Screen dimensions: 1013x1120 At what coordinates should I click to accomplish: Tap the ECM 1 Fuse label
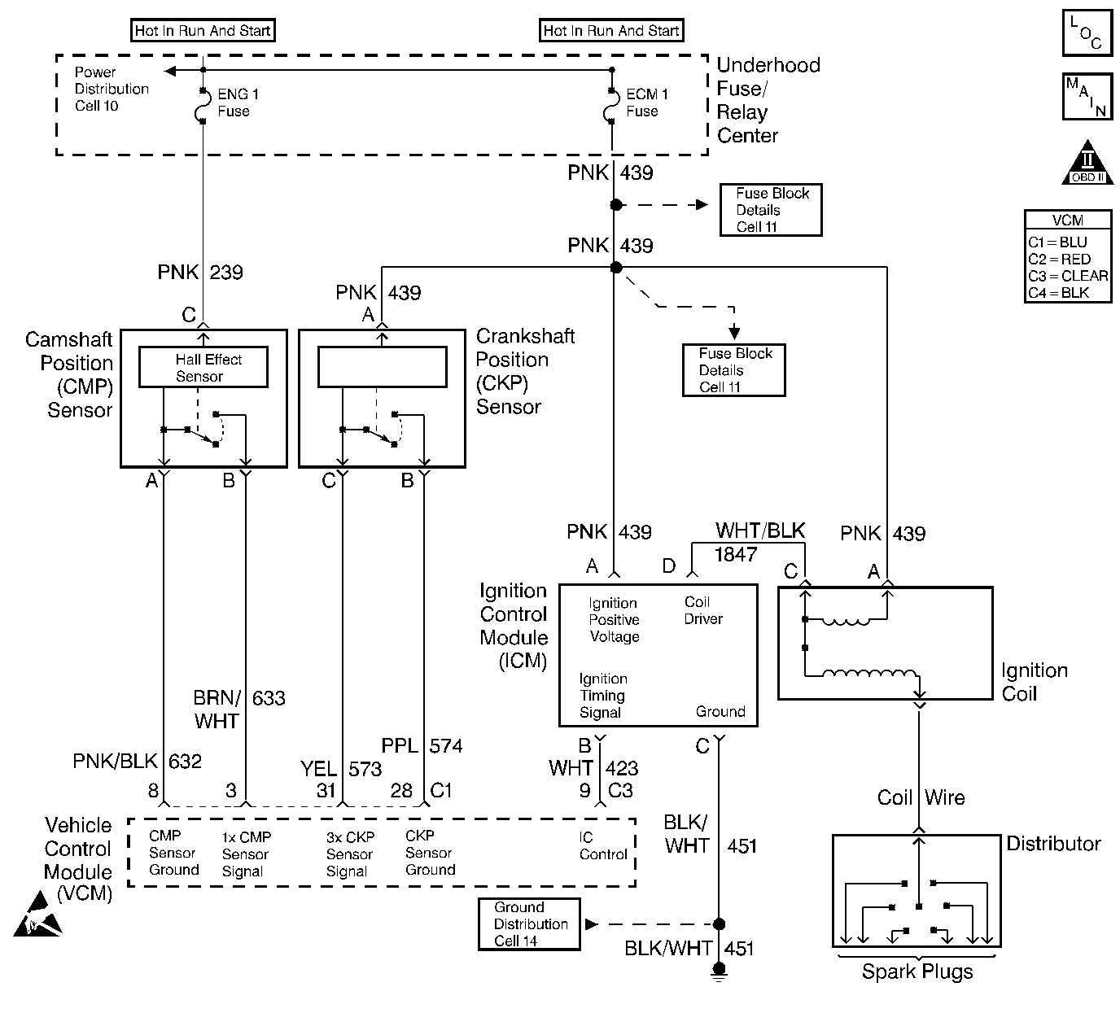pyautogui.click(x=646, y=103)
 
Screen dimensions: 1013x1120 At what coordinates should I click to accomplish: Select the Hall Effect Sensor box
pyautogui.click(x=203, y=368)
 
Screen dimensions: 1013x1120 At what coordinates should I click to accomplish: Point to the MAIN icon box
pyautogui.click(x=1087, y=96)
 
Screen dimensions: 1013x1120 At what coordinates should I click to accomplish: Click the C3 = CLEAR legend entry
pyautogui.click(x=1067, y=276)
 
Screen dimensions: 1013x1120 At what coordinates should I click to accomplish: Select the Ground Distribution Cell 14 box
pyautogui.click(x=529, y=924)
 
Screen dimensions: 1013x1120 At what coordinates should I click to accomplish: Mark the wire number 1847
pyautogui.click(x=736, y=555)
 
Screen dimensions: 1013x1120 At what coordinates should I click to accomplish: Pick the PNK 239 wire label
pyautogui.click(x=200, y=272)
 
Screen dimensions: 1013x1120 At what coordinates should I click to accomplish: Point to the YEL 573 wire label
pyautogui.click(x=340, y=769)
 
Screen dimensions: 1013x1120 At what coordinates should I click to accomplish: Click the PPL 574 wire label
pyautogui.click(x=422, y=745)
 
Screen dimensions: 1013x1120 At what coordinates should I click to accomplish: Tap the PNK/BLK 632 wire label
pyautogui.click(x=137, y=762)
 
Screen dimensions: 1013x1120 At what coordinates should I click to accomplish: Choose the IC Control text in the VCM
pyautogui.click(x=602, y=846)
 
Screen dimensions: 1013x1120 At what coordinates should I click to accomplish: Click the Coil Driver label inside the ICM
pyautogui.click(x=702, y=610)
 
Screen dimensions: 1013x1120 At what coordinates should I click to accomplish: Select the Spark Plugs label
pyautogui.click(x=917, y=972)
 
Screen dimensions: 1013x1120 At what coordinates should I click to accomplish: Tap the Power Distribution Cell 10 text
pyautogui.click(x=111, y=89)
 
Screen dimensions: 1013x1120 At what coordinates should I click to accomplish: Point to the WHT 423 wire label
pyautogui.click(x=593, y=768)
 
